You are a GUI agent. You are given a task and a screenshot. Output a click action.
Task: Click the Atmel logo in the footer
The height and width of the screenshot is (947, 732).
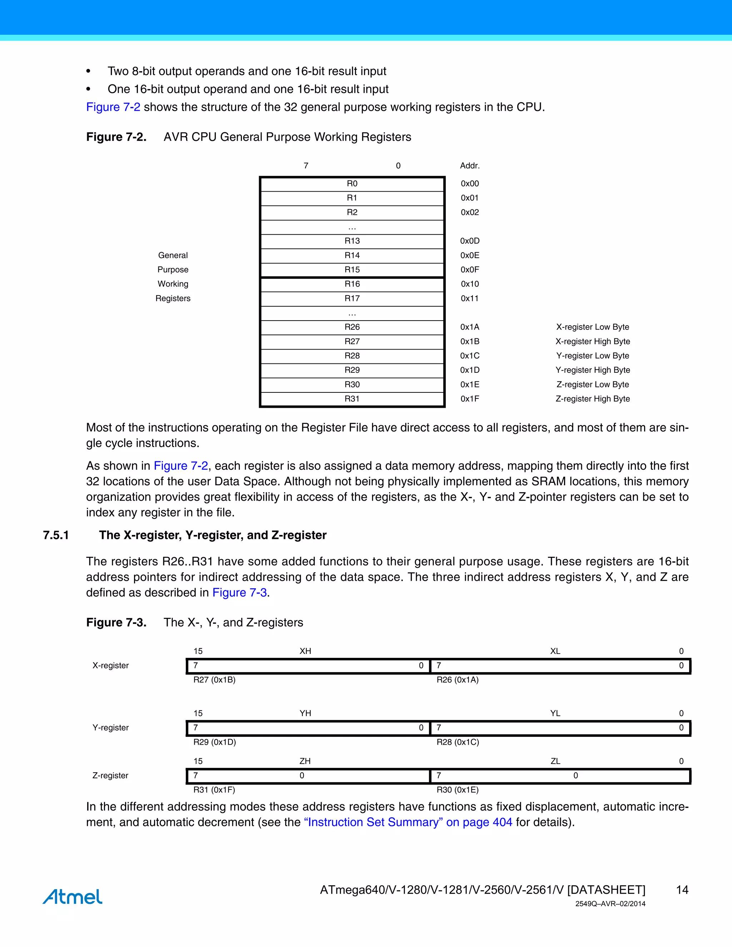[73, 897]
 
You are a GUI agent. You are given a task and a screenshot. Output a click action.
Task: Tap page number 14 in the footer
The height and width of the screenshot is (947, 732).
[682, 890]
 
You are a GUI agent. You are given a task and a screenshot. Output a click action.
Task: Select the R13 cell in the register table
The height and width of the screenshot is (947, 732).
[352, 241]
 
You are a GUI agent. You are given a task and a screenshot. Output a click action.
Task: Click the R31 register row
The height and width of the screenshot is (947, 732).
[352, 399]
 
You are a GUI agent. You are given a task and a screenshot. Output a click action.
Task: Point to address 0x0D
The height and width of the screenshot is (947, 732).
[470, 241]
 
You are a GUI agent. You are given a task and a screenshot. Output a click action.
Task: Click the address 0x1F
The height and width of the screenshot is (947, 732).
[470, 399]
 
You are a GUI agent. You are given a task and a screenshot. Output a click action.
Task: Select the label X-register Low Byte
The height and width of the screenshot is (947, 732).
[592, 327]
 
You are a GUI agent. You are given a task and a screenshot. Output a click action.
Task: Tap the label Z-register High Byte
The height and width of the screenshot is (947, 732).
[592, 399]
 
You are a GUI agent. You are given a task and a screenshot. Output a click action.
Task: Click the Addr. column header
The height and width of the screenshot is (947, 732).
[470, 166]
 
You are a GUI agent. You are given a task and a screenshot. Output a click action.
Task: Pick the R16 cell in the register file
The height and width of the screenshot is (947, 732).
[352, 284]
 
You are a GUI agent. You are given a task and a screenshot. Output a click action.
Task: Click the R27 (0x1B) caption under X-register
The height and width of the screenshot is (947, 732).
[214, 680]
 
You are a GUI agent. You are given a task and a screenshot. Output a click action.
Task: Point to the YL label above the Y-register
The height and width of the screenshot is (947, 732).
[555, 713]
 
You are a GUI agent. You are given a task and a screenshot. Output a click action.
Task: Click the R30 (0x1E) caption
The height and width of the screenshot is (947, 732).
[457, 790]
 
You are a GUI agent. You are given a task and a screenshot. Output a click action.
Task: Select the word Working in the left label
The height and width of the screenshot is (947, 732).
[173, 284]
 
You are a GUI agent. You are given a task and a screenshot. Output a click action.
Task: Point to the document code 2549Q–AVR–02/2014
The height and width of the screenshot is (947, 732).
[610, 904]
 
